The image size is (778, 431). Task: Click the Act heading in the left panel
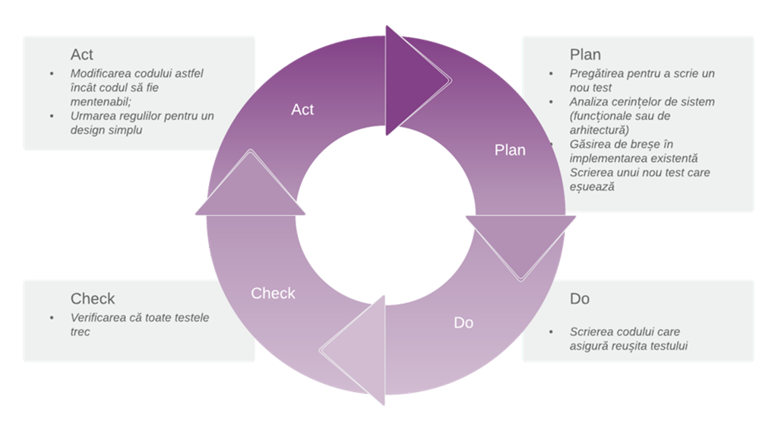(x=82, y=55)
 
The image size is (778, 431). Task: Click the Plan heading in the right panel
(x=585, y=55)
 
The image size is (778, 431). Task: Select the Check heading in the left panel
(x=93, y=299)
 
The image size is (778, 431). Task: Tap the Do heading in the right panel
(x=580, y=299)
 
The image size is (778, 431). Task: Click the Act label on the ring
(x=302, y=109)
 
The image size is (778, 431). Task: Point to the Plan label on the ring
(x=510, y=150)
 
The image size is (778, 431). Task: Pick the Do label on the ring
(x=463, y=323)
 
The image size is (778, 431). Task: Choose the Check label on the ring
(x=273, y=293)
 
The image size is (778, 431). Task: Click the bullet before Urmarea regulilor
(x=52, y=116)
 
